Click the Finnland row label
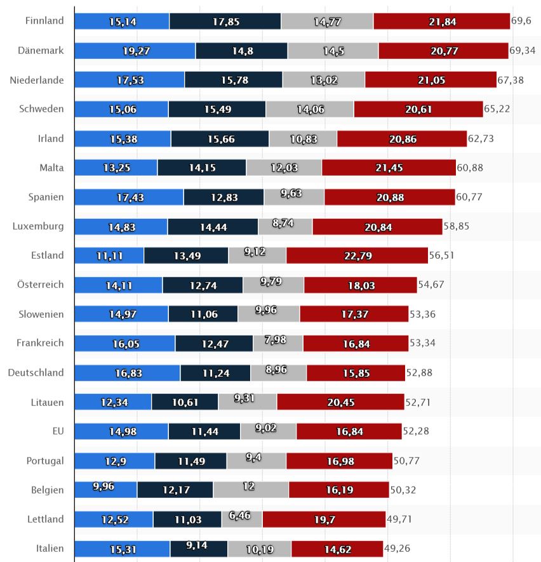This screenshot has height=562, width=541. [x=44, y=21]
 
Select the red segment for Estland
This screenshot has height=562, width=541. [x=357, y=256]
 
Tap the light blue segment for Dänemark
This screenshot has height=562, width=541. [x=135, y=51]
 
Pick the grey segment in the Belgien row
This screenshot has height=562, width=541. [x=251, y=490]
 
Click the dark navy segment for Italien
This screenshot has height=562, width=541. [x=199, y=549]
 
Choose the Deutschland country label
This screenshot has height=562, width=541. [x=36, y=373]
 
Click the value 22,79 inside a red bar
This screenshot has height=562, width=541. [x=357, y=256]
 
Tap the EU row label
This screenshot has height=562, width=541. [x=58, y=431]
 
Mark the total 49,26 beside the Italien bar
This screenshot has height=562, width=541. [x=397, y=549]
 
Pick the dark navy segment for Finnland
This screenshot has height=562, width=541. [x=225, y=21]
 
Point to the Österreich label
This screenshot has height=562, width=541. [x=40, y=285]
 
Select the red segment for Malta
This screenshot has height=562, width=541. [x=389, y=167]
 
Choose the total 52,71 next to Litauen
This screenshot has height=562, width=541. [x=419, y=402]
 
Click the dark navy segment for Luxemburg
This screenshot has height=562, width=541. [x=213, y=226]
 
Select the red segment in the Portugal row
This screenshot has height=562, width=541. [x=339, y=461]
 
